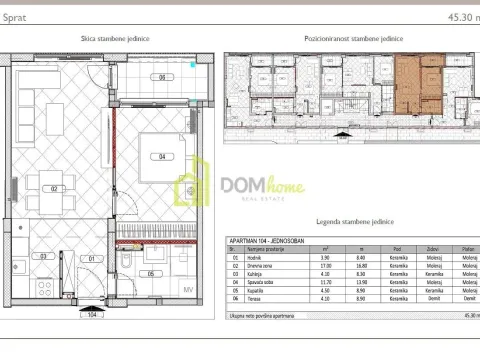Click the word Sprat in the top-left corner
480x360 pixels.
point(16,17)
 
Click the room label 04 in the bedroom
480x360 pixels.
point(160,156)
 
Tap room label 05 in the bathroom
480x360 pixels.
point(150,274)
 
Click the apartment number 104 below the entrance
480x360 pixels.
point(91,314)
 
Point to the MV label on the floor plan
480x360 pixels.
point(186,290)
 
